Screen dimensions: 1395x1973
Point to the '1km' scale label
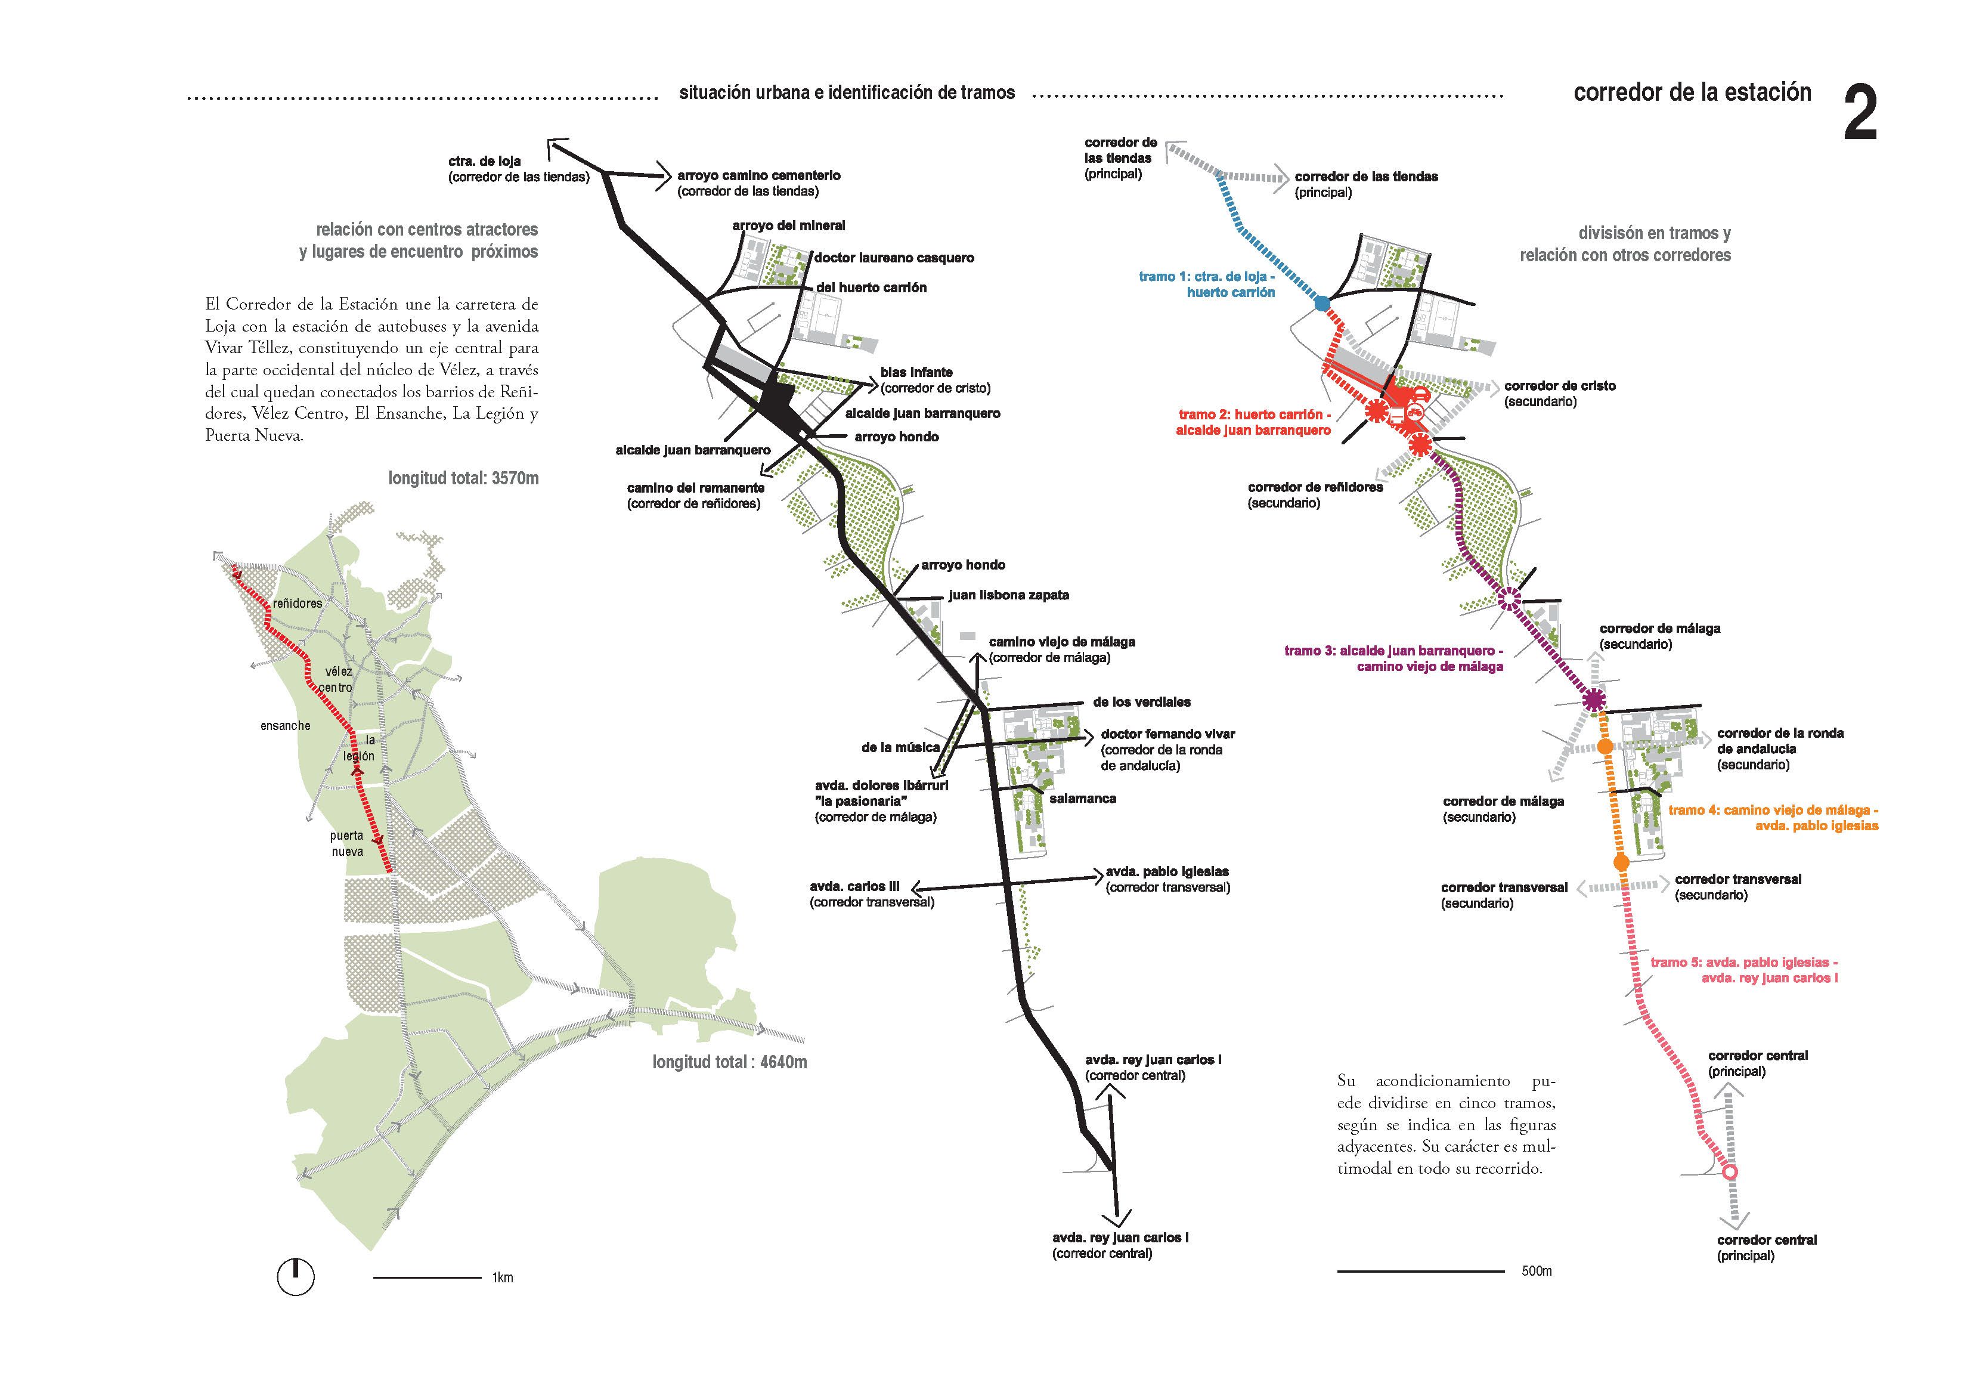(x=503, y=1278)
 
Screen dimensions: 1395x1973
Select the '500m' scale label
(x=1537, y=1271)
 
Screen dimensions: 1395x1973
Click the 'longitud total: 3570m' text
(x=463, y=478)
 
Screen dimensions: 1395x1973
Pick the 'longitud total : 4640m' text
(x=730, y=1062)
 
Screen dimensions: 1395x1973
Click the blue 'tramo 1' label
(x=1207, y=284)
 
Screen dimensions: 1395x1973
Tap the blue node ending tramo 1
(x=1322, y=304)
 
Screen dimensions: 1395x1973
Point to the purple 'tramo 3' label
(x=1394, y=658)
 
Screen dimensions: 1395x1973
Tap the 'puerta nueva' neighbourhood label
(x=347, y=843)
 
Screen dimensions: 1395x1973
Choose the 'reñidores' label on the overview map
(x=298, y=604)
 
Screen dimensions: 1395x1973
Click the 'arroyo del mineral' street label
(x=789, y=226)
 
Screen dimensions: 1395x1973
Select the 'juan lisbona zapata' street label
(x=1009, y=595)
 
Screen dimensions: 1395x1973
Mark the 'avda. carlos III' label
(x=854, y=887)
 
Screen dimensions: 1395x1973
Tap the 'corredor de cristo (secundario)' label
(x=1560, y=394)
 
